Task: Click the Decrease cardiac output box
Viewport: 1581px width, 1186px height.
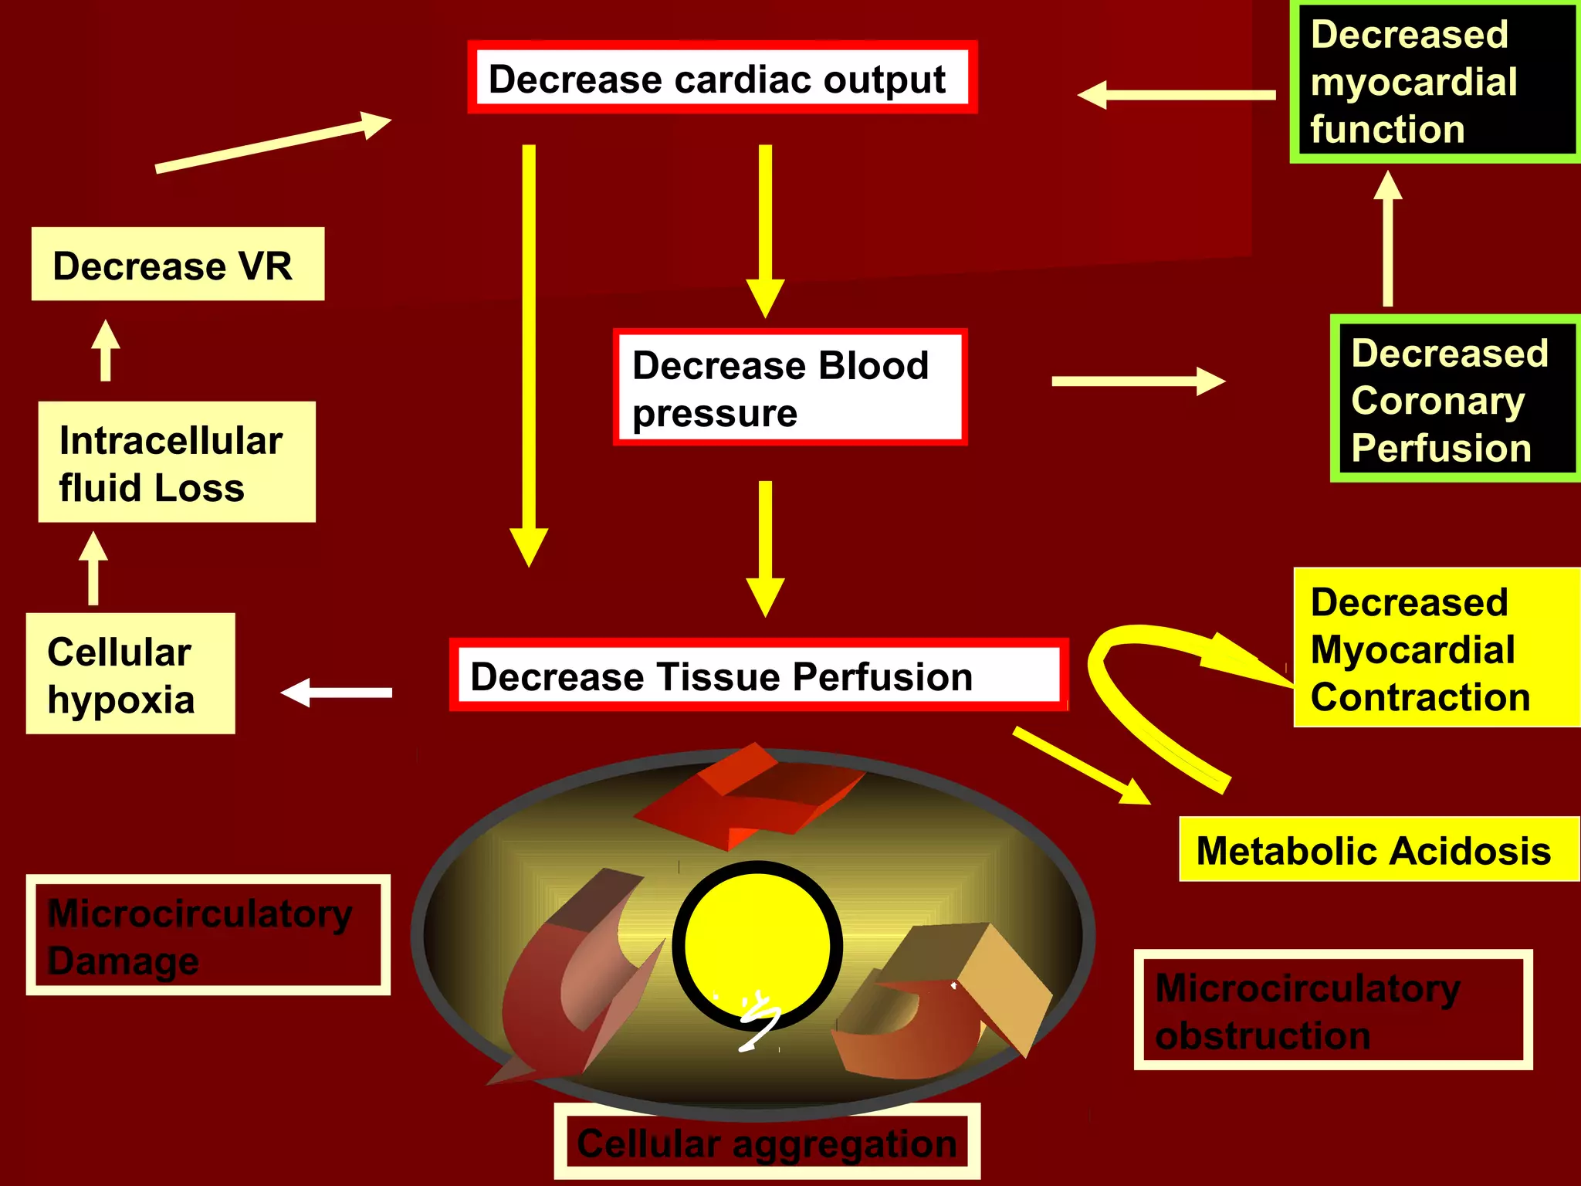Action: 722,78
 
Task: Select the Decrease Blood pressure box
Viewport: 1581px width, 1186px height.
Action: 790,388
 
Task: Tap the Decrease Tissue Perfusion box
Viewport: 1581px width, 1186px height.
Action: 758,676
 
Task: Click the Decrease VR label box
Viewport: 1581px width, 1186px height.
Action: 178,264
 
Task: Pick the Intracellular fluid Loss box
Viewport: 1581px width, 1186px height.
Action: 177,463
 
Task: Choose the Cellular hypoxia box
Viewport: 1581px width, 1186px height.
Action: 130,673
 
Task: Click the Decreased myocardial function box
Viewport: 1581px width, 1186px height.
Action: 1434,82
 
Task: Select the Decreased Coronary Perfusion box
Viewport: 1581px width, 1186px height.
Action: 1454,399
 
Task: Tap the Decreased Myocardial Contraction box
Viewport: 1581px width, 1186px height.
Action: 1436,648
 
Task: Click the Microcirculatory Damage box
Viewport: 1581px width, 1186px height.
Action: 208,935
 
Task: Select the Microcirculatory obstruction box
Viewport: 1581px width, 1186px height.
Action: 1332,1010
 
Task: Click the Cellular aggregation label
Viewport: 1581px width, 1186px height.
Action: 767,1142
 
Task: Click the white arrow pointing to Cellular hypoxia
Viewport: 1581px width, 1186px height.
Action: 337,693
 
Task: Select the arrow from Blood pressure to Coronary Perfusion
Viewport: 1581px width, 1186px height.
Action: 1136,381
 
